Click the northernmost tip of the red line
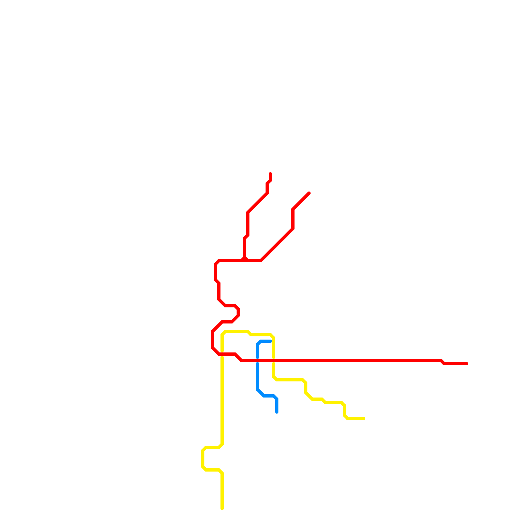[x=270, y=174]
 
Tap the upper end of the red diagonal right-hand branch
[x=309, y=193]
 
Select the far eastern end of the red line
[x=467, y=364]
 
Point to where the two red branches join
[x=245, y=260]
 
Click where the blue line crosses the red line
[x=257, y=360]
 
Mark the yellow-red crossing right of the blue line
[x=274, y=360]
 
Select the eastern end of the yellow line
[x=364, y=418]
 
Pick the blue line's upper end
[x=270, y=341]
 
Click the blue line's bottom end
[x=277, y=412]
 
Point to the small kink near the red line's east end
[x=443, y=362]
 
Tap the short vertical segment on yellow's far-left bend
[x=203, y=459]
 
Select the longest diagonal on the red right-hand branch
[x=277, y=245]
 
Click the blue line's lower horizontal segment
[x=269, y=396]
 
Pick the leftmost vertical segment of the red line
[x=212, y=340]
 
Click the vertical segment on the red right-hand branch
[x=293, y=219]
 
